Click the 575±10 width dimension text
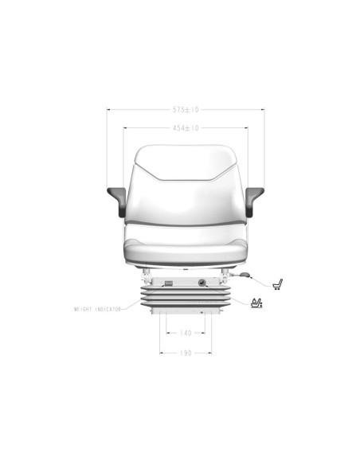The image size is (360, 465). coord(186,110)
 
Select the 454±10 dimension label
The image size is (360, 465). coord(186,128)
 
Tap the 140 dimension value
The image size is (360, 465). coord(186,333)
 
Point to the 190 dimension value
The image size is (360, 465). coord(186,353)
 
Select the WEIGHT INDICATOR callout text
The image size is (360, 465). coord(97,309)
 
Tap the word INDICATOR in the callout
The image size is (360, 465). coord(108,309)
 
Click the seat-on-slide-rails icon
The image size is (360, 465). coord(277,284)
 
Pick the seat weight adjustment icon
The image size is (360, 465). coord(256,303)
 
